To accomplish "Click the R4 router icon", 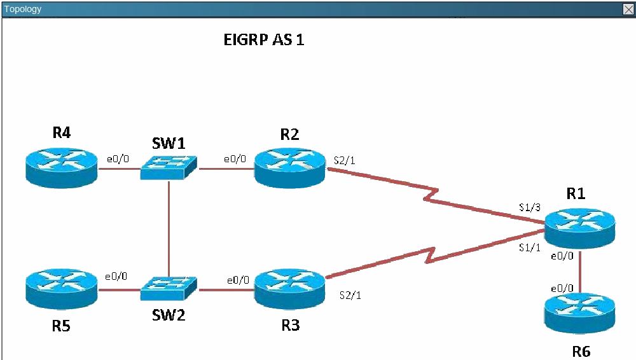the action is [62, 168].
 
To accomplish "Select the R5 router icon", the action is [62, 289].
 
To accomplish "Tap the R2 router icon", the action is [289, 168].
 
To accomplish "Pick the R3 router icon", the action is [289, 289].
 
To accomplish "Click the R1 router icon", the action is [579, 228].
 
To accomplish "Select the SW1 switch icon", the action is [169, 167].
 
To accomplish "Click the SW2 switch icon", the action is [169, 289].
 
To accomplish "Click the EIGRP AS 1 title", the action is [264, 40].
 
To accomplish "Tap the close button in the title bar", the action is [628, 10].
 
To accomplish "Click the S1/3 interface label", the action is [530, 207].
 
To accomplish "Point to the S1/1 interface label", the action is [530, 247].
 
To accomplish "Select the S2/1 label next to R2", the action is [344, 160].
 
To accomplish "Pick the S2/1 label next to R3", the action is [350, 295].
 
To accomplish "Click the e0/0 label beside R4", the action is [118, 158].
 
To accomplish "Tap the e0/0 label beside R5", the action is [116, 277].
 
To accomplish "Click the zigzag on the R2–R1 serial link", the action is [431, 195].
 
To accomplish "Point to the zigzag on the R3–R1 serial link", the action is [430, 255].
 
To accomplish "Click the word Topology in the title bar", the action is [23, 9].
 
